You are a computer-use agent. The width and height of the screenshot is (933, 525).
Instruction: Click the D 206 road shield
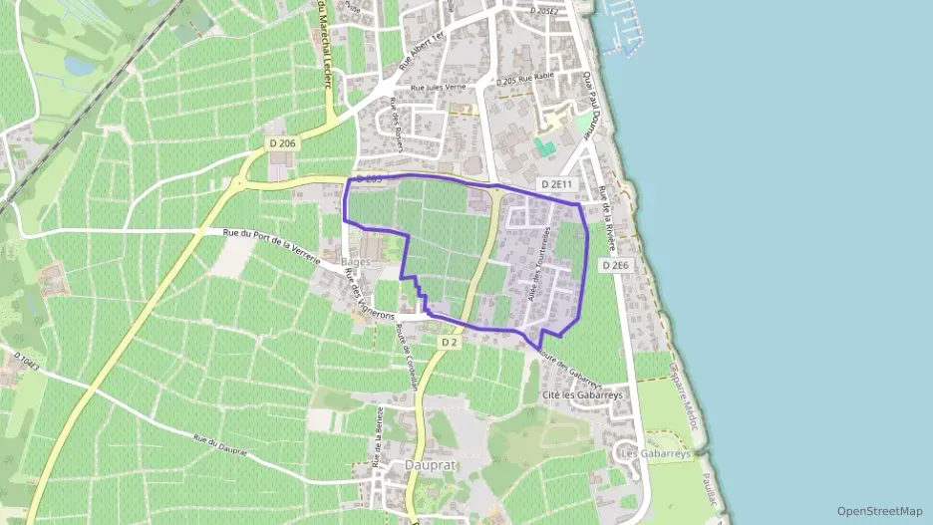(x=283, y=144)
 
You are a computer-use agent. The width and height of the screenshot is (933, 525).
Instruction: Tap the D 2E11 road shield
(x=557, y=184)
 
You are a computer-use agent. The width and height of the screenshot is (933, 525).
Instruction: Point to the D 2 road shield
(x=449, y=343)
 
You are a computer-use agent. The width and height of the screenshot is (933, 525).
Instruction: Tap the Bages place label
(x=356, y=261)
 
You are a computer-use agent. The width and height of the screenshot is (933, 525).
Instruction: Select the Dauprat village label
(x=428, y=464)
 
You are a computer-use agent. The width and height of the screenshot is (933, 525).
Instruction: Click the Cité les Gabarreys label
(x=582, y=395)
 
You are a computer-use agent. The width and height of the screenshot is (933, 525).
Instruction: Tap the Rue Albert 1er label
(x=418, y=49)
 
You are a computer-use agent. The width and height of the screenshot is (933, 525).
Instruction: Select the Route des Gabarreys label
(x=565, y=368)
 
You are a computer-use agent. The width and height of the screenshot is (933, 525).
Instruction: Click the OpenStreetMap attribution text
(x=879, y=511)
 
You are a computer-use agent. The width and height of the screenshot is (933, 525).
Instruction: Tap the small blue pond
(x=79, y=65)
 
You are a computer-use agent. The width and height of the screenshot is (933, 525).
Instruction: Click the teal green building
(x=544, y=146)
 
